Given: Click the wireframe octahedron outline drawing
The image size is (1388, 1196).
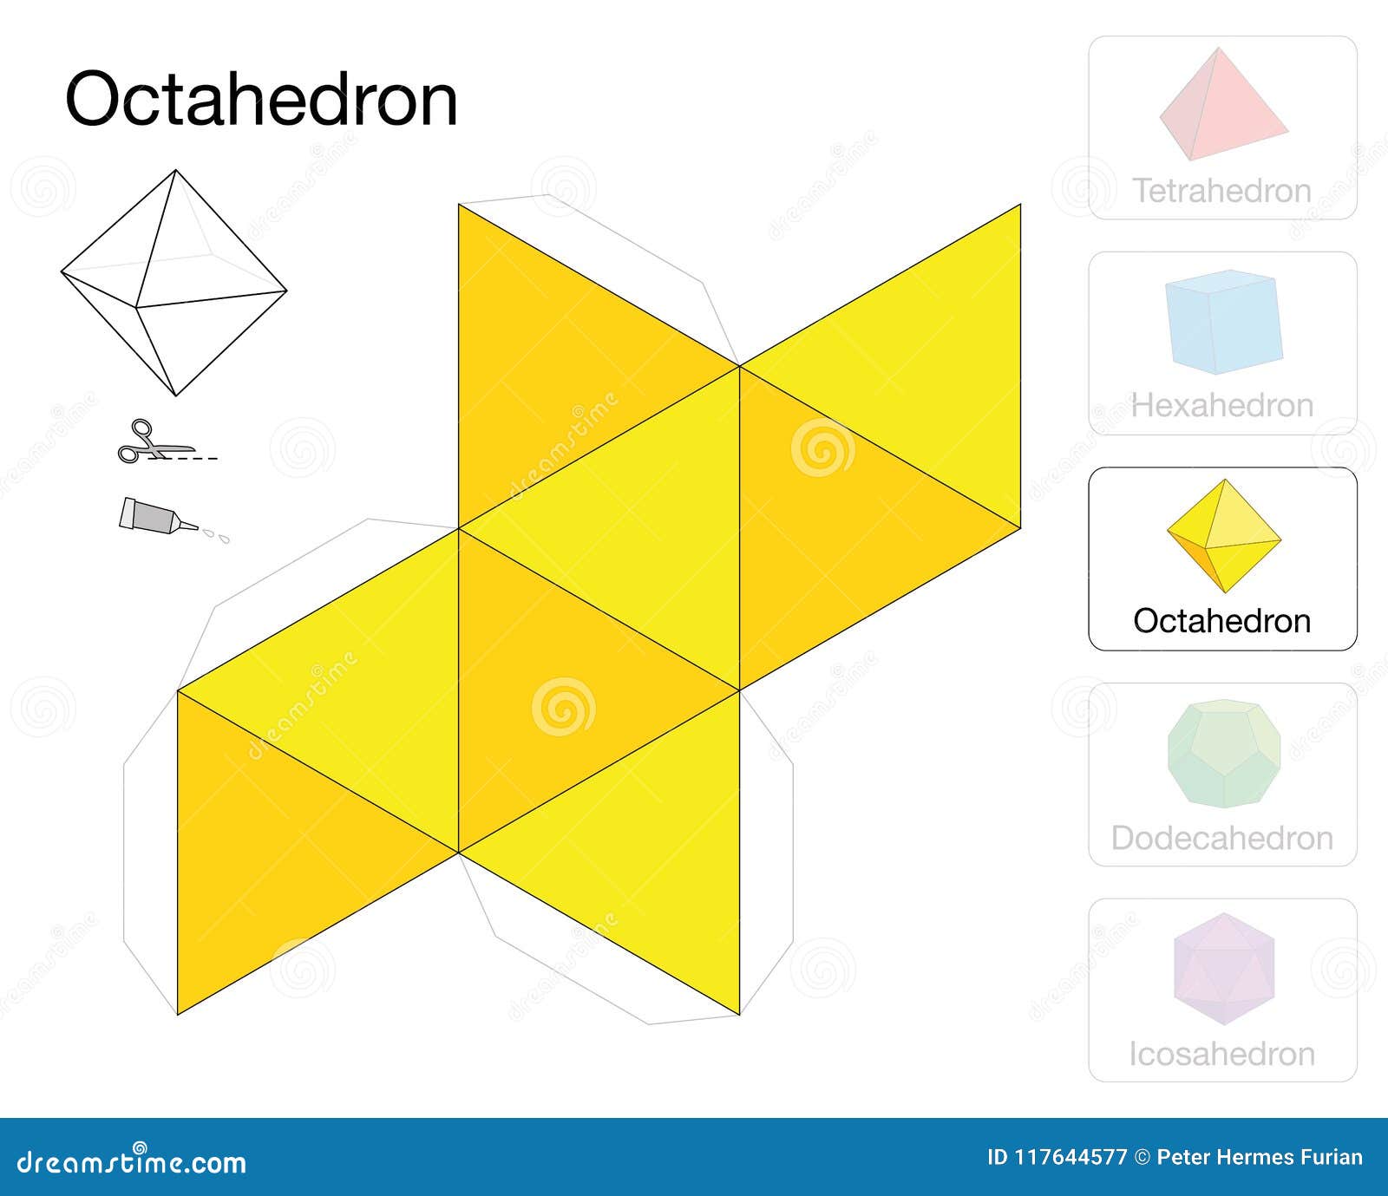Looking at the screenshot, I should [174, 282].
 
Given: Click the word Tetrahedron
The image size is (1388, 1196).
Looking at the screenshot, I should [1221, 191].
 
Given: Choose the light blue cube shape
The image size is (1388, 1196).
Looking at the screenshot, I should [1223, 322].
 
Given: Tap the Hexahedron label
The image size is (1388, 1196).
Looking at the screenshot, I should [1222, 406].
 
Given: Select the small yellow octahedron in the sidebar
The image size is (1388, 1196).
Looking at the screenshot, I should [1223, 536].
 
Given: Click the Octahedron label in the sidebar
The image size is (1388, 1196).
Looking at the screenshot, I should [1221, 621].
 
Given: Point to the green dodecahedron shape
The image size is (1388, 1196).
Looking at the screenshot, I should [1223, 754].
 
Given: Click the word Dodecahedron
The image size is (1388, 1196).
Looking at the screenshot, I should [1221, 839].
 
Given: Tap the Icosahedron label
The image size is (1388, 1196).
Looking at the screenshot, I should [1221, 1054].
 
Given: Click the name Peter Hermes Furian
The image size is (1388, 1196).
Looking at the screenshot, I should [1259, 1158].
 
